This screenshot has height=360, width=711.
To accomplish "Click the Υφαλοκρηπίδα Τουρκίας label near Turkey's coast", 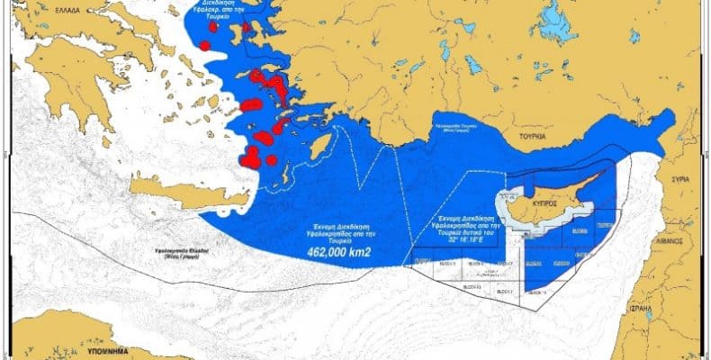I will (459, 127).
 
